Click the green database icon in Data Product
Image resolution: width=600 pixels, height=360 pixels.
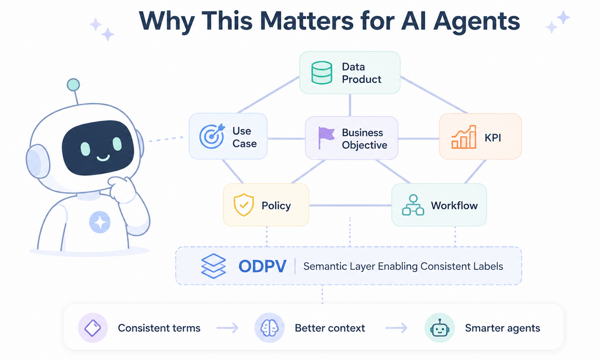click(x=321, y=73)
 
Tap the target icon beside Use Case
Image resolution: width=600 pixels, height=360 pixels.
click(x=212, y=136)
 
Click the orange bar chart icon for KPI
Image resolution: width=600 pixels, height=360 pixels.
click(x=464, y=137)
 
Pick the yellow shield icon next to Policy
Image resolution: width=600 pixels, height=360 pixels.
click(x=244, y=205)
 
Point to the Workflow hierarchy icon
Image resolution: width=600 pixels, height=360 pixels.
click(x=413, y=205)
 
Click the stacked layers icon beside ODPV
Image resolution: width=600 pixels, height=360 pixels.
click(x=213, y=266)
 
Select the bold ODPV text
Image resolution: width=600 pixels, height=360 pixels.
click(x=262, y=266)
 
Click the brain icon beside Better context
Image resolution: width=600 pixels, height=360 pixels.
click(x=269, y=328)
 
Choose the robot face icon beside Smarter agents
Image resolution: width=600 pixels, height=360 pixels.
click(x=439, y=328)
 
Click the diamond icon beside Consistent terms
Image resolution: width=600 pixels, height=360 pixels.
click(x=92, y=328)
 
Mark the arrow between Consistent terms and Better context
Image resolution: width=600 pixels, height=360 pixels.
click(x=227, y=328)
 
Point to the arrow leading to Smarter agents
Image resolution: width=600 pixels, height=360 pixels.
click(x=396, y=328)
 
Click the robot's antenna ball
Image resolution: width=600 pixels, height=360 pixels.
click(x=73, y=84)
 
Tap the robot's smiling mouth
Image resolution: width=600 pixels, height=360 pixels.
click(x=103, y=157)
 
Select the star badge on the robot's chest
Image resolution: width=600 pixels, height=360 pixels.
click(x=100, y=222)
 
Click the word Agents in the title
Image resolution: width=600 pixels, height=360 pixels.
click(x=477, y=21)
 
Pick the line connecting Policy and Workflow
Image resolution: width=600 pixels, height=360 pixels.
click(x=350, y=205)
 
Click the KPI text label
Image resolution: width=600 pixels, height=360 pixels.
click(x=492, y=138)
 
